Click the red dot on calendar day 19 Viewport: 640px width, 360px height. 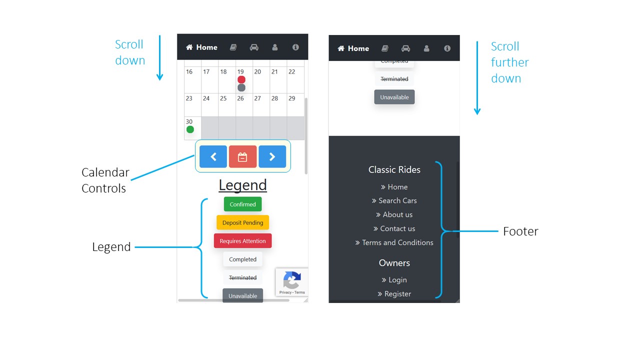click(x=241, y=79)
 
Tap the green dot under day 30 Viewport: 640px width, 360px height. click(x=190, y=129)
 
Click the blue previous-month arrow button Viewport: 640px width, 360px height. click(x=213, y=156)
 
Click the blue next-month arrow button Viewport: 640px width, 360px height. click(x=272, y=156)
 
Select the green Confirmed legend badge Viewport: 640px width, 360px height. click(x=242, y=204)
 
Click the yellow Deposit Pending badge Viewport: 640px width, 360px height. click(x=242, y=222)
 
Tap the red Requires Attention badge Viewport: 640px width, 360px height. click(x=242, y=241)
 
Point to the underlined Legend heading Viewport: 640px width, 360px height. click(x=242, y=185)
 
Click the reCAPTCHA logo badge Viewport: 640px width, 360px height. click(x=291, y=282)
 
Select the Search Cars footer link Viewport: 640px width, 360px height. click(x=394, y=200)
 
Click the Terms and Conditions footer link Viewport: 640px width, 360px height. click(x=394, y=242)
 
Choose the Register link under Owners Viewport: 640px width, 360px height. click(x=394, y=293)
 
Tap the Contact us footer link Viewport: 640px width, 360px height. click(x=394, y=228)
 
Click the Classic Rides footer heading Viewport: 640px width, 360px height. click(x=394, y=169)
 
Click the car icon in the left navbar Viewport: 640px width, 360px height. click(x=254, y=47)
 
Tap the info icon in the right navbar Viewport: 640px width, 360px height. click(x=447, y=48)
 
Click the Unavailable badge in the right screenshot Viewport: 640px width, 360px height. click(x=394, y=97)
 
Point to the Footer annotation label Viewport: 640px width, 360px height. click(x=520, y=231)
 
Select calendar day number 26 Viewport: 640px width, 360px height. click(x=240, y=98)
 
